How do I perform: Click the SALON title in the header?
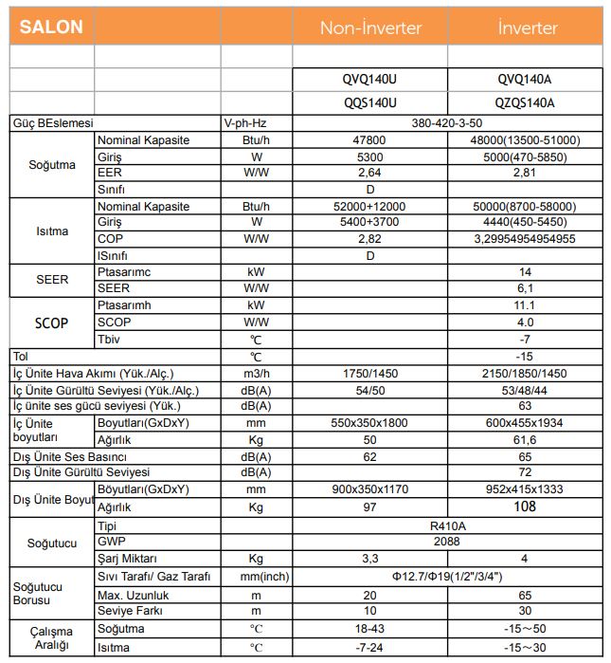(x=52, y=27)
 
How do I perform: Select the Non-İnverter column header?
(x=370, y=28)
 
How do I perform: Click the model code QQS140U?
(x=370, y=103)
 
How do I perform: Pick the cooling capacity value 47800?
(x=370, y=140)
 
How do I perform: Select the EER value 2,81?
(x=525, y=174)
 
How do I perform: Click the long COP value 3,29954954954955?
(x=525, y=239)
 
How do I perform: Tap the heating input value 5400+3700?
(x=370, y=223)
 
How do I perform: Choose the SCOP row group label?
(x=51, y=323)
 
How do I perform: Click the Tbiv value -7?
(x=525, y=340)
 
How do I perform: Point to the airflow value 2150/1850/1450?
(x=525, y=374)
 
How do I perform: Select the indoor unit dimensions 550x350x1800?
(x=370, y=423)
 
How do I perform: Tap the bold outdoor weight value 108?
(x=525, y=507)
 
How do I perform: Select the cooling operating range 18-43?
(x=370, y=629)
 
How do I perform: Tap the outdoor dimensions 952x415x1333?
(x=525, y=489)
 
